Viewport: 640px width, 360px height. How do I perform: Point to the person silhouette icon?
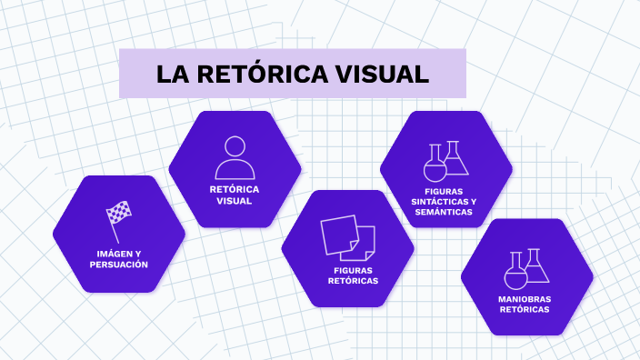(x=235, y=157)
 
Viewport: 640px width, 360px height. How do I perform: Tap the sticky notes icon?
(x=347, y=237)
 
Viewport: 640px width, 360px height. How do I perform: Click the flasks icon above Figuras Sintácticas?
(x=445, y=161)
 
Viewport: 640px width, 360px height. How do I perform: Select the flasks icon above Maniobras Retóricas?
(x=527, y=268)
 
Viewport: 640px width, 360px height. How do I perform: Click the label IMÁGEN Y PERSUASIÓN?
(x=118, y=258)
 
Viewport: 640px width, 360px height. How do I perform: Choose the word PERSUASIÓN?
(x=118, y=265)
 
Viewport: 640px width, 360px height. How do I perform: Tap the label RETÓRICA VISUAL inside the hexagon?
(x=235, y=195)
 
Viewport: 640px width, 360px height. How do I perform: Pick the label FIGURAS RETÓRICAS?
(x=353, y=275)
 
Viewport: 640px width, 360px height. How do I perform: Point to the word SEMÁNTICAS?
(x=444, y=211)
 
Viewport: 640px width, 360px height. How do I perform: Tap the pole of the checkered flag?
(x=115, y=232)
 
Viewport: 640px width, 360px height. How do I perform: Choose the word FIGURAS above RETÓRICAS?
(x=353, y=270)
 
